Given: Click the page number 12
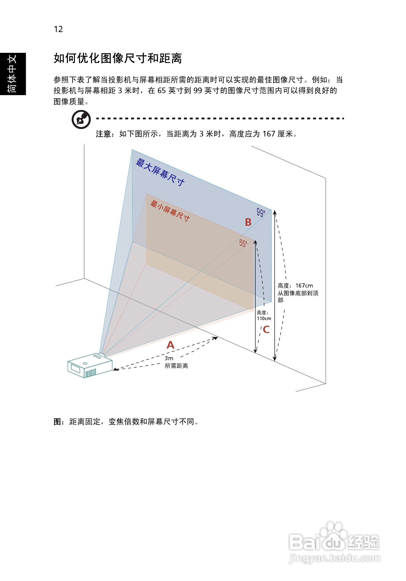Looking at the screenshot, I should [58, 29].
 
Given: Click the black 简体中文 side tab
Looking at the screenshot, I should [13, 74].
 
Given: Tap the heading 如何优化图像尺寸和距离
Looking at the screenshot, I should [118, 58].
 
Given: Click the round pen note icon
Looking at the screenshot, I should [81, 119].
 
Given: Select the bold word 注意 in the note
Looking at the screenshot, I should [103, 134].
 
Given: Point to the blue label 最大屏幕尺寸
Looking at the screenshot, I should [160, 172].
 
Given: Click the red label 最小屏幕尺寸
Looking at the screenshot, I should [170, 211].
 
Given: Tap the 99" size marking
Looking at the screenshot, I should [261, 212].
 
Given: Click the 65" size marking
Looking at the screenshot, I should [243, 244].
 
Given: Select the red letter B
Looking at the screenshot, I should [248, 222].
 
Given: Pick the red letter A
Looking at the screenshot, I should [170, 345].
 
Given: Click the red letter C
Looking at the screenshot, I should [266, 329].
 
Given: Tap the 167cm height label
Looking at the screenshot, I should [304, 286].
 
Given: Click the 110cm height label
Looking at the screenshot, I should [264, 318].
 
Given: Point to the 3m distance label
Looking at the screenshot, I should [169, 358].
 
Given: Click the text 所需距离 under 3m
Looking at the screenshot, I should [176, 366].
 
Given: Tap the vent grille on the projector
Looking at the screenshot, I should [90, 373].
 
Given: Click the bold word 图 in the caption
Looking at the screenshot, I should [57, 422].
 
